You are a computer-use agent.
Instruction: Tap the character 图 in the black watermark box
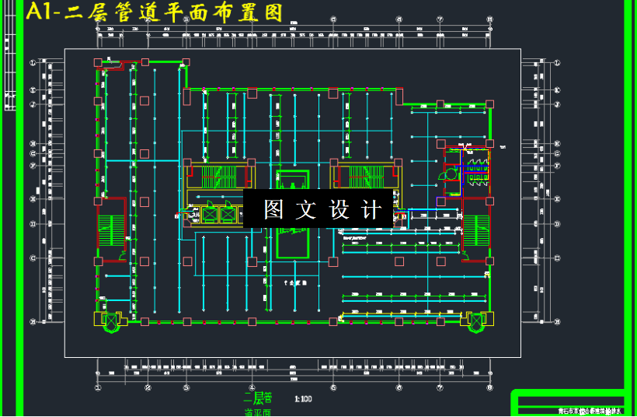tap(273, 209)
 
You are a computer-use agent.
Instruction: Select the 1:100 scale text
tap(303, 399)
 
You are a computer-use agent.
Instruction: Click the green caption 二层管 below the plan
tap(258, 398)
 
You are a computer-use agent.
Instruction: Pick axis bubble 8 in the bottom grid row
tap(489, 387)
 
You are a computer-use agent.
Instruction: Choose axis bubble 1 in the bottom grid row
tap(98, 387)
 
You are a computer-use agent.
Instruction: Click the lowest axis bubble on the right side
tap(558, 321)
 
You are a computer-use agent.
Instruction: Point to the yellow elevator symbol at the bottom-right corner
tap(475, 319)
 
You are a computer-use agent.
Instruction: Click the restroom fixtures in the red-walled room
tap(475, 168)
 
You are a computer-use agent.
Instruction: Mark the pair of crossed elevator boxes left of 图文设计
tap(218, 213)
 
